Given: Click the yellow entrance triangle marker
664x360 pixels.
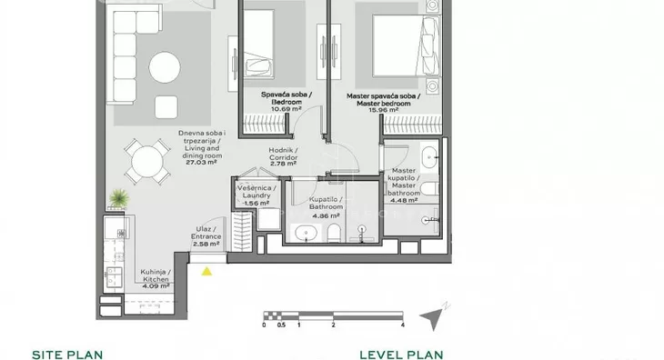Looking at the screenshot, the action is (206, 271).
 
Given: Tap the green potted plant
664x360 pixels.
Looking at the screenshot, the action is (119, 198).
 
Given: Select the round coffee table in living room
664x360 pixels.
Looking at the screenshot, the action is (165, 67).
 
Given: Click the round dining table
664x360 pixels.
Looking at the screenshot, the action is (147, 162).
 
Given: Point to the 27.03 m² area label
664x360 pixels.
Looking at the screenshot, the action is (201, 162).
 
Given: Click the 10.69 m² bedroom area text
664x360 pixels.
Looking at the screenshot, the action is (287, 109).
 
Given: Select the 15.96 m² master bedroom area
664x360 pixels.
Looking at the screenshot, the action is (383, 110).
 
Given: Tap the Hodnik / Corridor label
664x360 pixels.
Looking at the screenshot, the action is (283, 154).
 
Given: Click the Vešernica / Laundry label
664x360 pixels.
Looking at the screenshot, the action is (257, 192).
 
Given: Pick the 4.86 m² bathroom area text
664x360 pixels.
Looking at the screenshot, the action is (326, 216).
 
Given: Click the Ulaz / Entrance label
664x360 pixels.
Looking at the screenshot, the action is (206, 233).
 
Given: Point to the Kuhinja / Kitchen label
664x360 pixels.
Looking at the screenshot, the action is (156, 275).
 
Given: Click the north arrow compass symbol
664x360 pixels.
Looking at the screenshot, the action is (434, 316).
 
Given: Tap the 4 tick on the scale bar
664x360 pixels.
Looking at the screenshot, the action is (402, 325).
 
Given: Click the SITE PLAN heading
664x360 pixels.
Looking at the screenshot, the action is (67, 355).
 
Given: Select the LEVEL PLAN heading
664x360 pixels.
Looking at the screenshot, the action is (401, 355).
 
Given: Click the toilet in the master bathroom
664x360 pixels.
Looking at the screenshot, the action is (429, 189).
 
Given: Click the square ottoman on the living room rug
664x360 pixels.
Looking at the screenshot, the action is (166, 107).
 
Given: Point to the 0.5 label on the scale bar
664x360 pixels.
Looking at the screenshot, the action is (281, 325).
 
